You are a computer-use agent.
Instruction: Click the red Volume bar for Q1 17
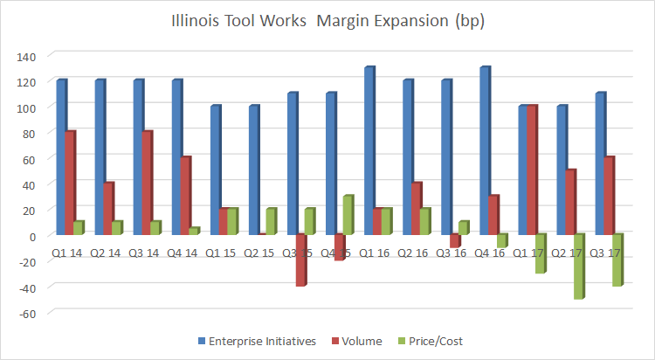click(531, 170)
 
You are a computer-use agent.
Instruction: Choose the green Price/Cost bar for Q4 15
click(347, 216)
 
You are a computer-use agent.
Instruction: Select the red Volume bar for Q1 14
click(70, 183)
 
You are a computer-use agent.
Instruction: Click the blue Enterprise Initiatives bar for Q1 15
click(216, 170)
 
